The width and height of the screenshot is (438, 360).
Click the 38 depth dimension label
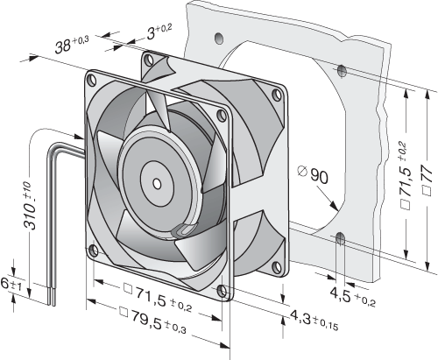(x=72, y=45)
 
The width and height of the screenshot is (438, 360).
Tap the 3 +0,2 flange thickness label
(x=159, y=32)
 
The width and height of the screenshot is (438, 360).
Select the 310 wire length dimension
(x=31, y=205)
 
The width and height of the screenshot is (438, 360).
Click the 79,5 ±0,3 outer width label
(x=153, y=321)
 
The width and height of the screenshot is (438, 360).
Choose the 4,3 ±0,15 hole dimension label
(x=314, y=320)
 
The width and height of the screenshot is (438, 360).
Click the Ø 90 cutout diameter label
(x=313, y=174)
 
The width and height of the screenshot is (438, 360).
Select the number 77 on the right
(x=427, y=180)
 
